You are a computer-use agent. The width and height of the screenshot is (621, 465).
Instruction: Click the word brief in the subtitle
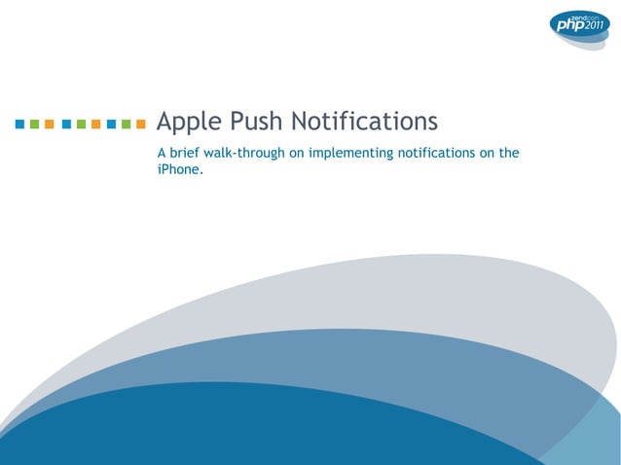point(185,153)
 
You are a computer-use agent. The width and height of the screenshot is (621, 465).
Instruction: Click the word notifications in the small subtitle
point(435,153)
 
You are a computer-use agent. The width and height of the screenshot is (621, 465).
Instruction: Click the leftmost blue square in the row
point(20,125)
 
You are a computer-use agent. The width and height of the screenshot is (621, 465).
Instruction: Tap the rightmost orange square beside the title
point(141,125)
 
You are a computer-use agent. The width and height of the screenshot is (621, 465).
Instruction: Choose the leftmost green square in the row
point(35,125)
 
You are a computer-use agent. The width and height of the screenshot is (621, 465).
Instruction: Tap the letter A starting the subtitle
point(162,153)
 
